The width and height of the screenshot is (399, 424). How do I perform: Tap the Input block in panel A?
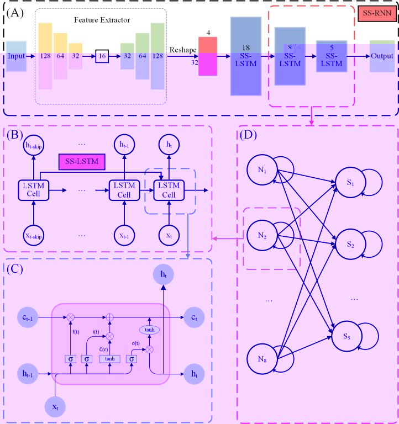click(17, 56)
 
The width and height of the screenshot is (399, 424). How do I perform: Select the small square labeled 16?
click(102, 56)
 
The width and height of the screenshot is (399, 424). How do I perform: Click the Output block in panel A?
click(382, 56)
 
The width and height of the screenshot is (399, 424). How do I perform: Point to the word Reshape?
click(183, 50)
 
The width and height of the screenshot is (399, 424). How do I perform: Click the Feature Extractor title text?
click(102, 20)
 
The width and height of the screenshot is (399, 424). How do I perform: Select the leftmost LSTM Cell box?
click(34, 191)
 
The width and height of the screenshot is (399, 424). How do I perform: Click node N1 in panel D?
click(262, 170)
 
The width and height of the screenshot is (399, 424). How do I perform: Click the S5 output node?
click(346, 335)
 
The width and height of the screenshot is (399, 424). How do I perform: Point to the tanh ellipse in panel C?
click(149, 329)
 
